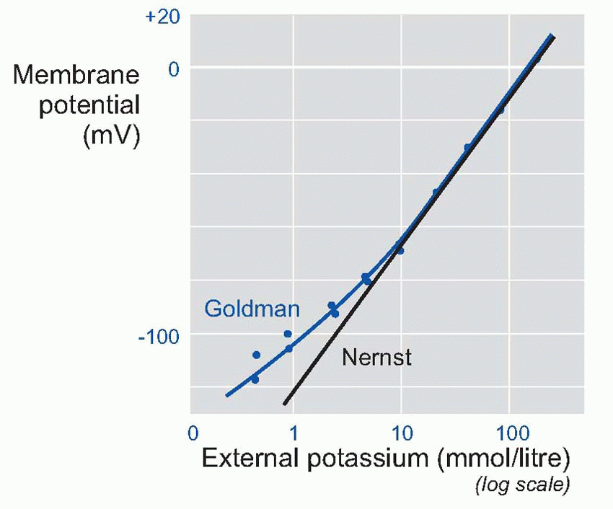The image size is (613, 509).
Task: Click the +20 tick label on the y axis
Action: (163, 18)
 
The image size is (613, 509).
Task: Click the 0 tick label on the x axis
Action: (193, 435)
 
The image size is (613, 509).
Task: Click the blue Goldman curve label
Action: (252, 309)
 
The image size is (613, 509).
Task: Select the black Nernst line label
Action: (376, 357)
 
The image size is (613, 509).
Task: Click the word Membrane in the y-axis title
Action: (76, 74)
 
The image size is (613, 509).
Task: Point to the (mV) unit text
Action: (112, 136)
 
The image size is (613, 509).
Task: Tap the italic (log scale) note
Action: (522, 485)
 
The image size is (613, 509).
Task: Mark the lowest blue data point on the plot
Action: (255, 379)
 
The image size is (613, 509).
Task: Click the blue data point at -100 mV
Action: (288, 334)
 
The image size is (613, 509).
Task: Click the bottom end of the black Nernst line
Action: (285, 403)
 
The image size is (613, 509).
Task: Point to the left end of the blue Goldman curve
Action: (226, 395)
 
